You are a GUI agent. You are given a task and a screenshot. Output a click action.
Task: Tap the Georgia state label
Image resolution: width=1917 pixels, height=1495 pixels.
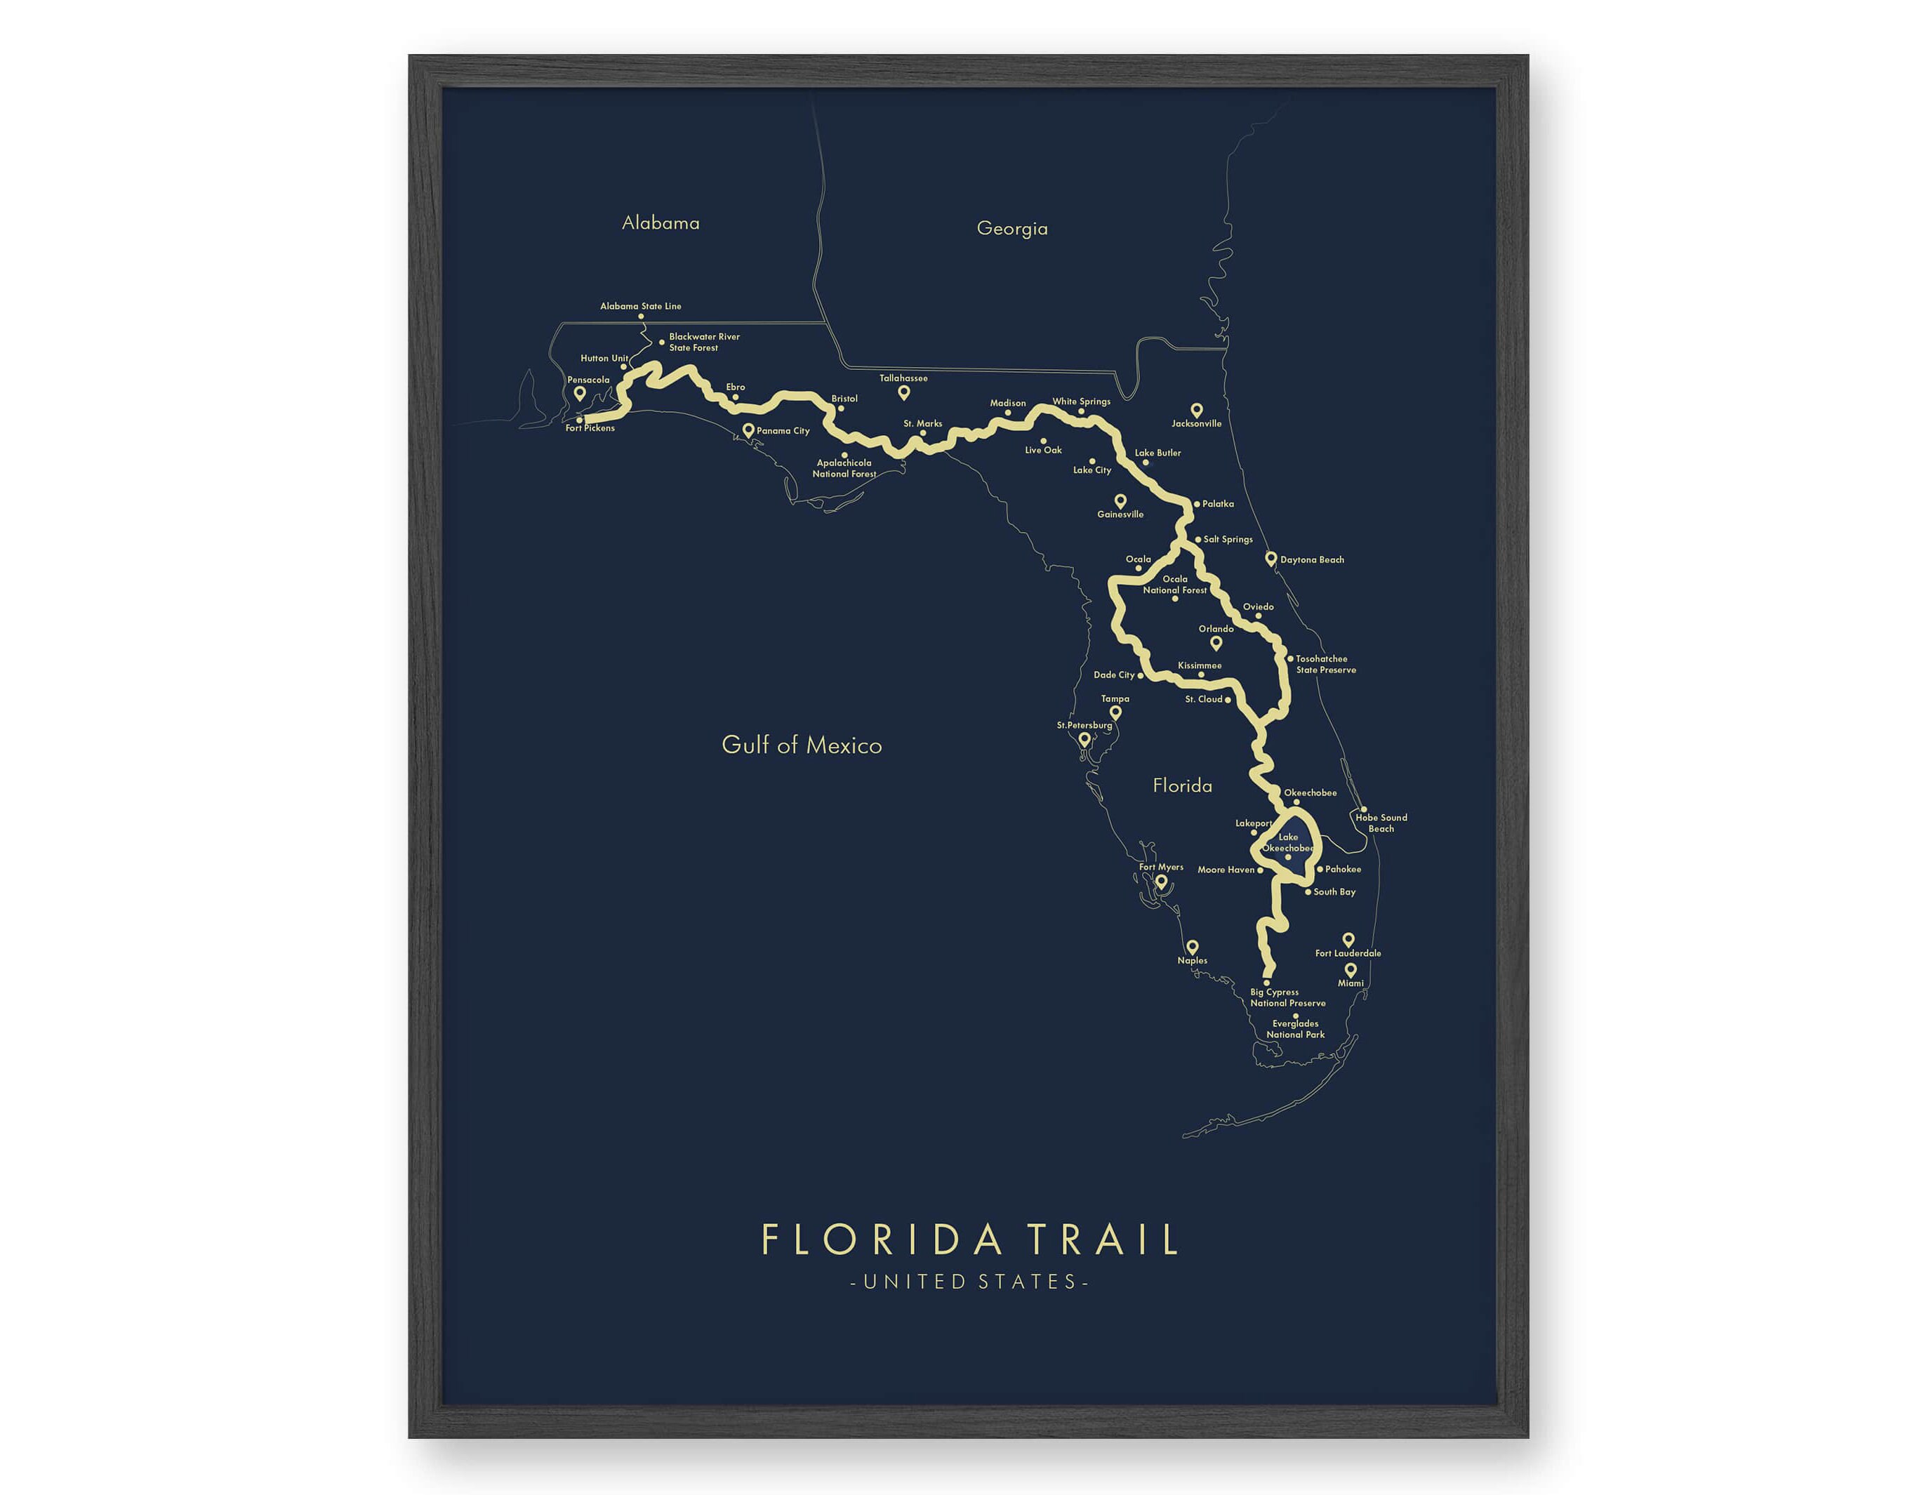(x=1011, y=228)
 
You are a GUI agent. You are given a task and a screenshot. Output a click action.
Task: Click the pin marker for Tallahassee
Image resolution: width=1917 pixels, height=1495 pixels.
(x=903, y=392)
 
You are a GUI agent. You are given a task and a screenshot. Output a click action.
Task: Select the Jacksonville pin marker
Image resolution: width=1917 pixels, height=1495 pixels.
(x=1195, y=410)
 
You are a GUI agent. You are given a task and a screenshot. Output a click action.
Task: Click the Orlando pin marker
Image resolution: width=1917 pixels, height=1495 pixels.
(x=1216, y=643)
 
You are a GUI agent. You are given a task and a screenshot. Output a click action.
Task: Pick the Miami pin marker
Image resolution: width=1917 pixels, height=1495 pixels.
(x=1350, y=970)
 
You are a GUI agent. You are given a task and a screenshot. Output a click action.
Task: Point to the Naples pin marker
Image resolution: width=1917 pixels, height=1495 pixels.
(x=1192, y=948)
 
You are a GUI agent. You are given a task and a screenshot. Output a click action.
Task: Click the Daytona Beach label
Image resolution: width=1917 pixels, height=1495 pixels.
(x=1311, y=560)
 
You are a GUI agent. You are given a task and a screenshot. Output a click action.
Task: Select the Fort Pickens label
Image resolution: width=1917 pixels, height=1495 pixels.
(x=590, y=428)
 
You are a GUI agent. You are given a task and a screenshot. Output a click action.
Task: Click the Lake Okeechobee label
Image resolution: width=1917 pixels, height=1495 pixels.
(x=1287, y=843)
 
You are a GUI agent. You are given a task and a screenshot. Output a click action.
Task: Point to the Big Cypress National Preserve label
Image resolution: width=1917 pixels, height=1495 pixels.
(x=1287, y=998)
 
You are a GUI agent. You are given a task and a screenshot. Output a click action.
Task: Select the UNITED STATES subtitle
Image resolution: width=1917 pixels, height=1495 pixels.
(x=969, y=1282)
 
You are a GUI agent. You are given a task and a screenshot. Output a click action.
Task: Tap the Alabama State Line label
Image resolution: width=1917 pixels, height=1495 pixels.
(x=640, y=307)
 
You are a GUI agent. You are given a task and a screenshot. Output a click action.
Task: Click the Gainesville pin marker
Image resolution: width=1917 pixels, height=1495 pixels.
(x=1120, y=500)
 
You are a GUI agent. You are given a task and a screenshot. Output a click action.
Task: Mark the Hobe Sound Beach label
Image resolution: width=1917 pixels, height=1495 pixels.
(x=1381, y=823)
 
